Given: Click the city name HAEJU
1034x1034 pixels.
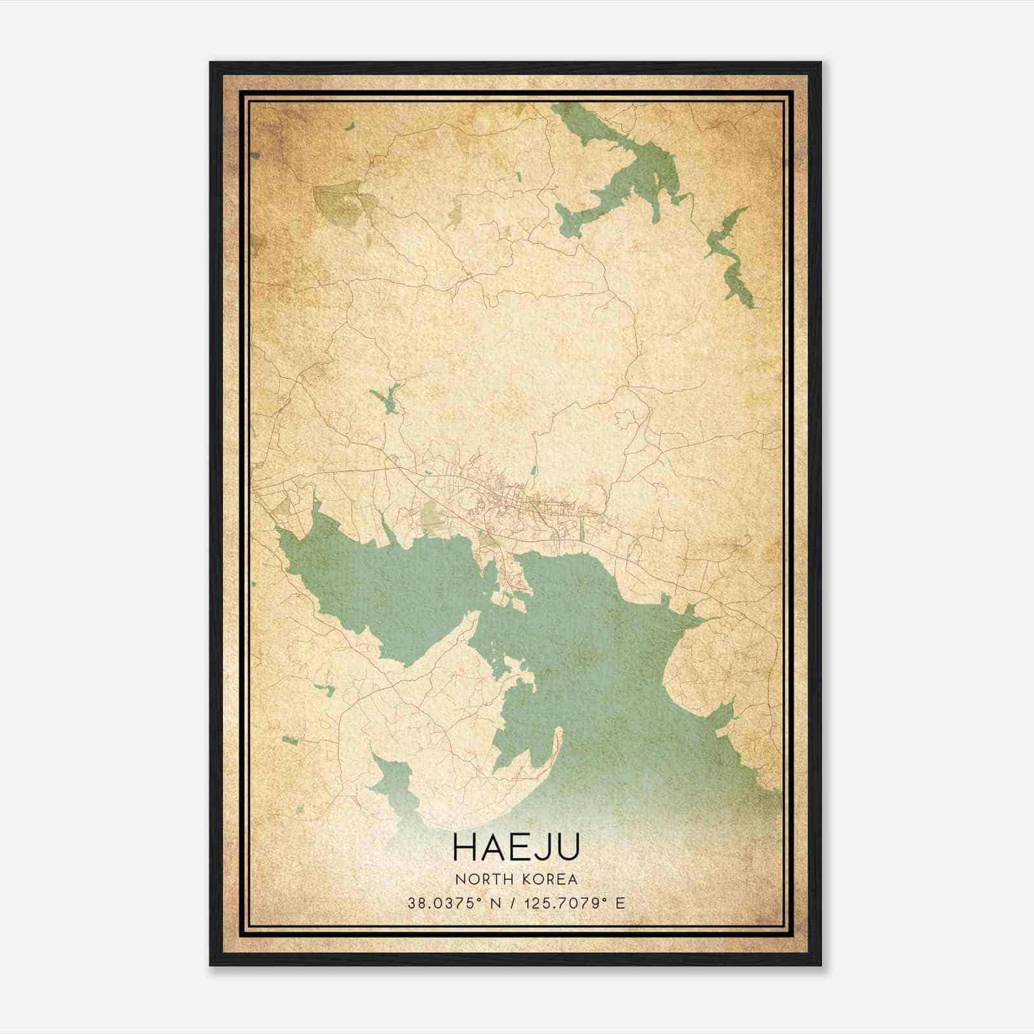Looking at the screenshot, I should coord(516,847).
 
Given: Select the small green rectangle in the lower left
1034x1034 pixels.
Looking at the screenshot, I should coord(289,739).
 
